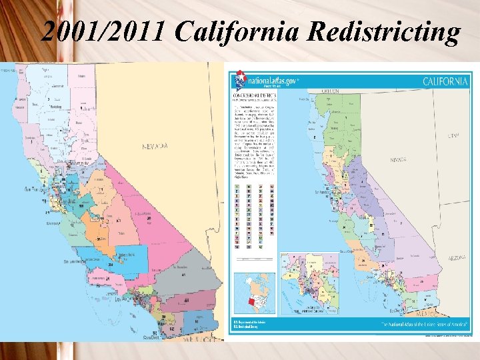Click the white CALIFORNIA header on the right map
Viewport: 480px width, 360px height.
[x=445, y=81]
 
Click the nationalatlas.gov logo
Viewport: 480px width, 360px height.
[x=263, y=81]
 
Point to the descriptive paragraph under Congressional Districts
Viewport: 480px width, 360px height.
[x=257, y=140]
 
